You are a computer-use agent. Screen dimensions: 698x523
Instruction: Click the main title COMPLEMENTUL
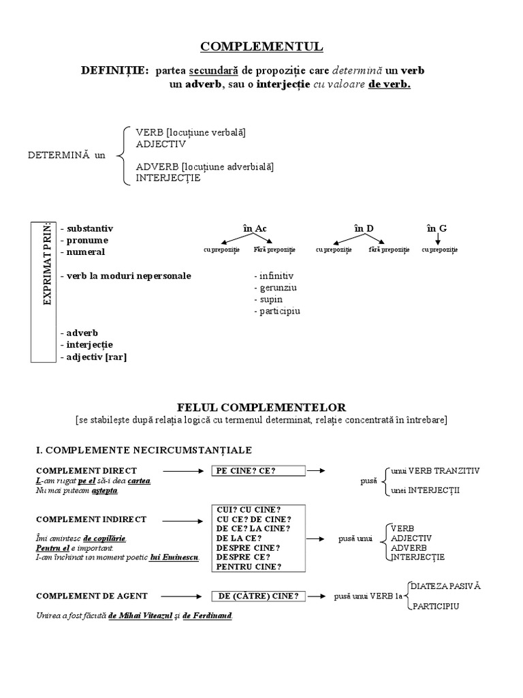261,46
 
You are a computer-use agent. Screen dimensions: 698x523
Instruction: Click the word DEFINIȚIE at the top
114,71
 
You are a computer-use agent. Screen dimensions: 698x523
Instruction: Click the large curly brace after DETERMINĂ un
121,155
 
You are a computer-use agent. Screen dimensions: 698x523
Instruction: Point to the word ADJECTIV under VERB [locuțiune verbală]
161,144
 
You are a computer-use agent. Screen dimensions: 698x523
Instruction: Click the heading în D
364,228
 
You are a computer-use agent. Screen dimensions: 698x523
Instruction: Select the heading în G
437,228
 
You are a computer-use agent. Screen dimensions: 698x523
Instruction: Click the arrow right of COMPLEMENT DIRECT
183,470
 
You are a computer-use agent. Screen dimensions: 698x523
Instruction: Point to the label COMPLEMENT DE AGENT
91,596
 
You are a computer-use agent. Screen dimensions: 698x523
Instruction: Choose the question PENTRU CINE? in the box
249,566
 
